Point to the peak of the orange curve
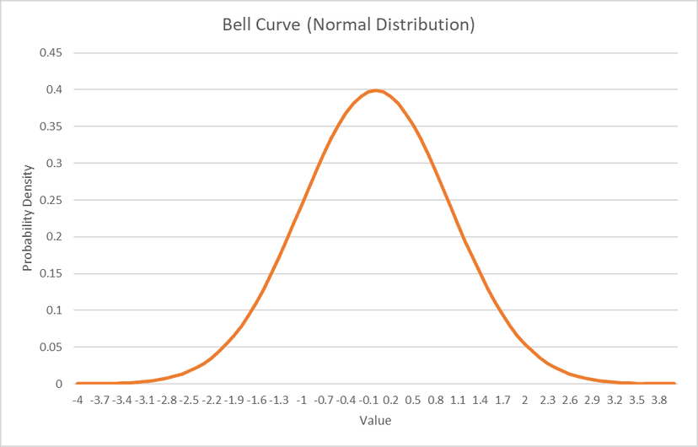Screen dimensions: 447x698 376,90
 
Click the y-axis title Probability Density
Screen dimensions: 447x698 28,218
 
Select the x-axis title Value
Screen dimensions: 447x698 375,420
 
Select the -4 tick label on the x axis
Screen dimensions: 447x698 78,400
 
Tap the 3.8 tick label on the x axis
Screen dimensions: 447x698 659,400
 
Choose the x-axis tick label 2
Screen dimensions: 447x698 525,400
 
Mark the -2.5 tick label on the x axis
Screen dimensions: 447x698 190,400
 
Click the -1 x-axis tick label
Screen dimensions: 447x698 302,400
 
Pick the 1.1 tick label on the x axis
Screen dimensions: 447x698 458,400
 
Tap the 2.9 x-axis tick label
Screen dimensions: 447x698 592,400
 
